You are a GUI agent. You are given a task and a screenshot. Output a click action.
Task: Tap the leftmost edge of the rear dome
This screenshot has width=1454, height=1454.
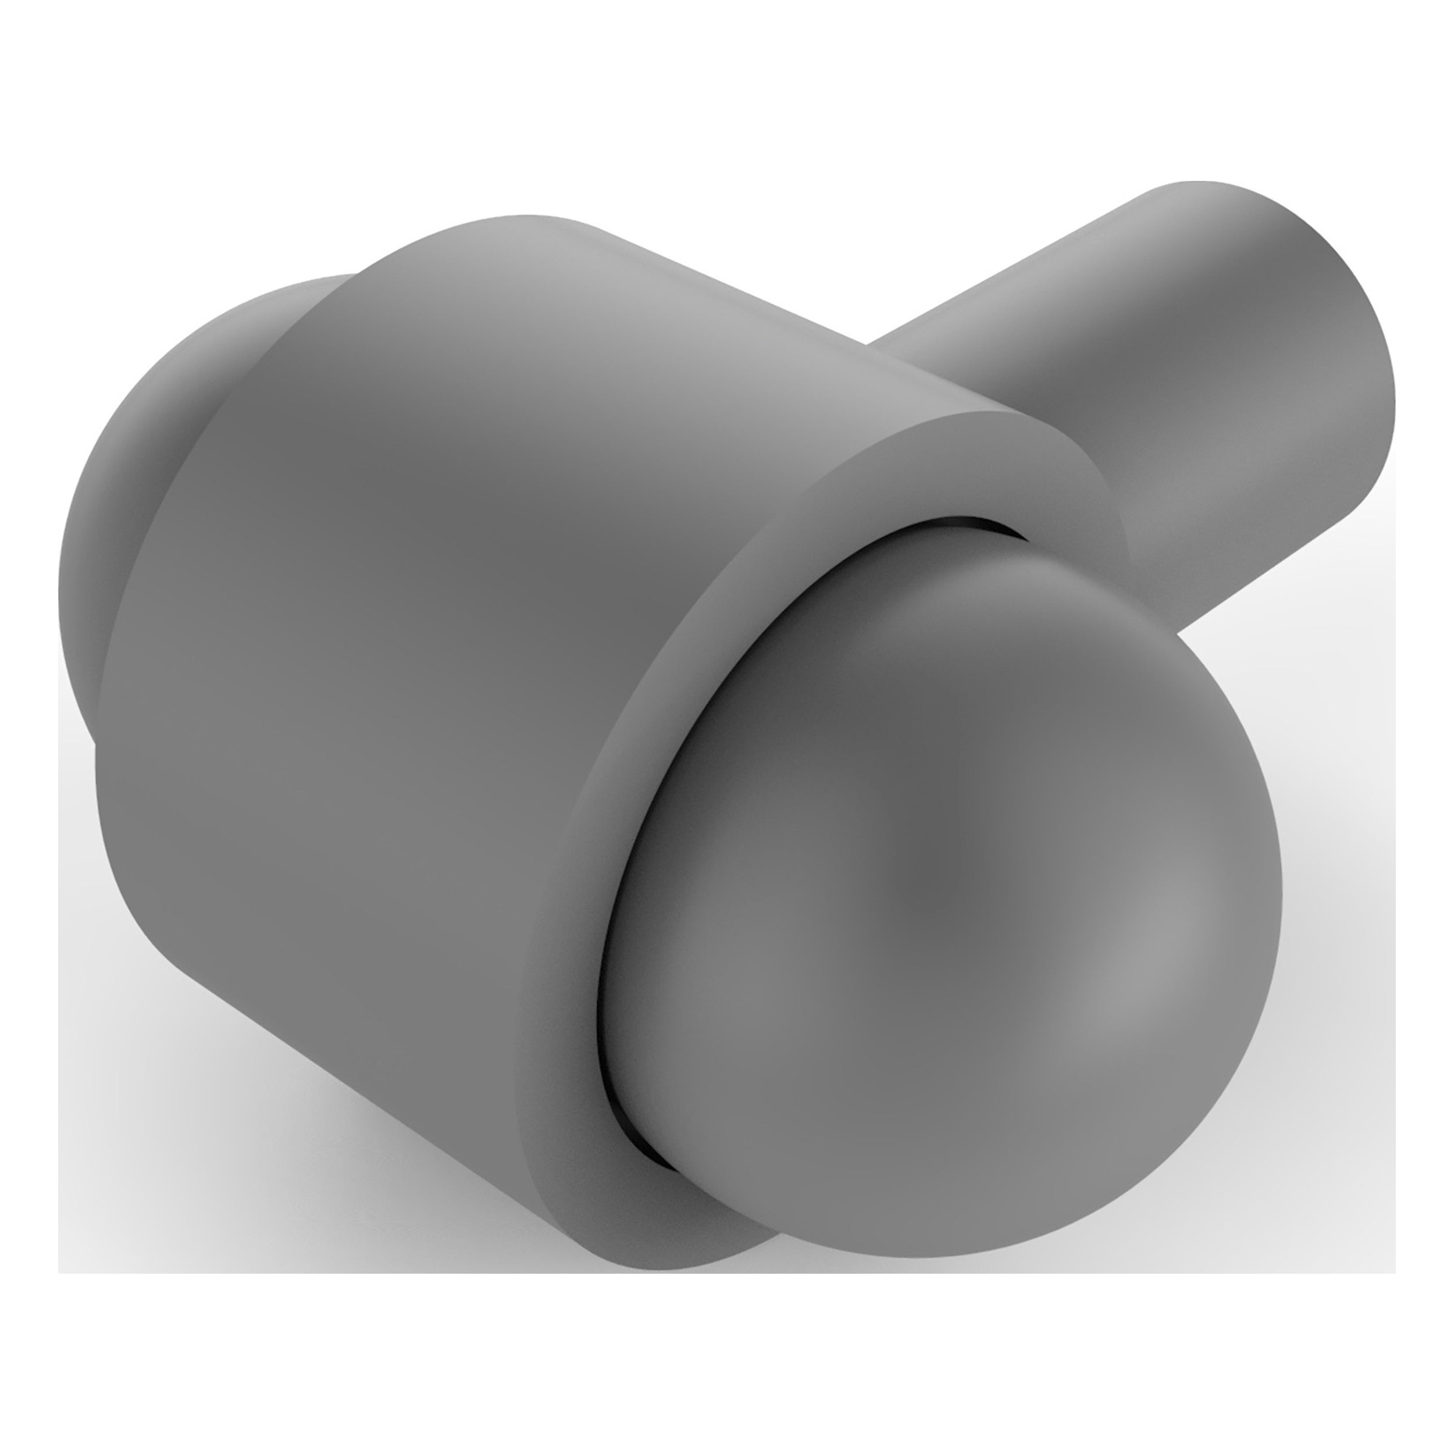click(60, 602)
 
